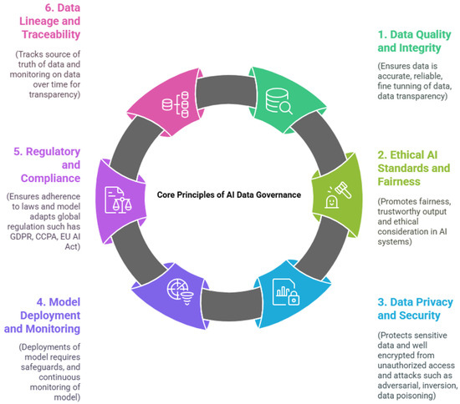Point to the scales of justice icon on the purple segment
click(x=119, y=199)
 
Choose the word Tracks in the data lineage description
click(x=30, y=56)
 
